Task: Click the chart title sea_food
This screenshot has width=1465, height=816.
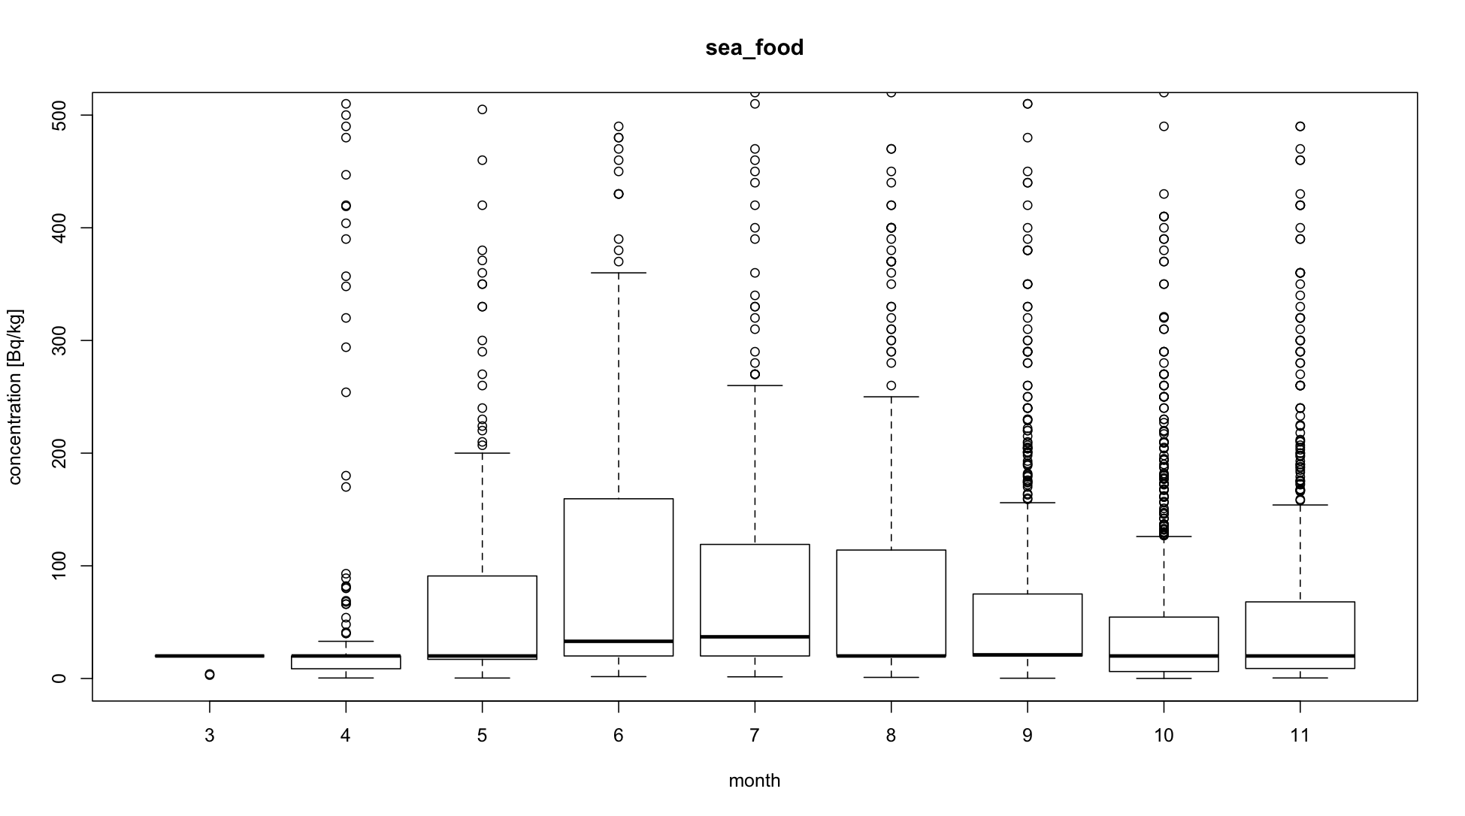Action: pos(754,48)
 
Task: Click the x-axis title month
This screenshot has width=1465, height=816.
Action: pos(754,781)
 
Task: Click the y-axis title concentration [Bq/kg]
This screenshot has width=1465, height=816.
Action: pos(16,397)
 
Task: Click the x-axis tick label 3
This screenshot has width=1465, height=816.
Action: pos(209,736)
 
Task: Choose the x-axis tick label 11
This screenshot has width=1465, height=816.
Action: pos(1300,736)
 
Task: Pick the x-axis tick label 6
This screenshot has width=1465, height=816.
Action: pos(618,736)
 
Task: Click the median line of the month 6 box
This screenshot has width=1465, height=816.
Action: pos(618,641)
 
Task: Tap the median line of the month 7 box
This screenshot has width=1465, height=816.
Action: pos(755,636)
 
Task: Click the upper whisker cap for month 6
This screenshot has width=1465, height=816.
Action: pos(618,273)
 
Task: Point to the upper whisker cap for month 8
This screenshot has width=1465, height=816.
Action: pos(891,397)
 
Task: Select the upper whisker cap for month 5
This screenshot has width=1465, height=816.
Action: pos(482,453)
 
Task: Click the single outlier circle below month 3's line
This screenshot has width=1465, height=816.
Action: pos(209,675)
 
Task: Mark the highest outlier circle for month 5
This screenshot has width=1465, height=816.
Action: pos(482,110)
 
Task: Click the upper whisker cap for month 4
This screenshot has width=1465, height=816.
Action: pos(346,641)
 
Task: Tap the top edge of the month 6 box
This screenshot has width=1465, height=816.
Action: pos(618,499)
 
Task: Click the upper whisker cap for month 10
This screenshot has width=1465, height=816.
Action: pos(1164,536)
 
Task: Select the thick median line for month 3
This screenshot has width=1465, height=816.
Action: pos(209,656)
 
